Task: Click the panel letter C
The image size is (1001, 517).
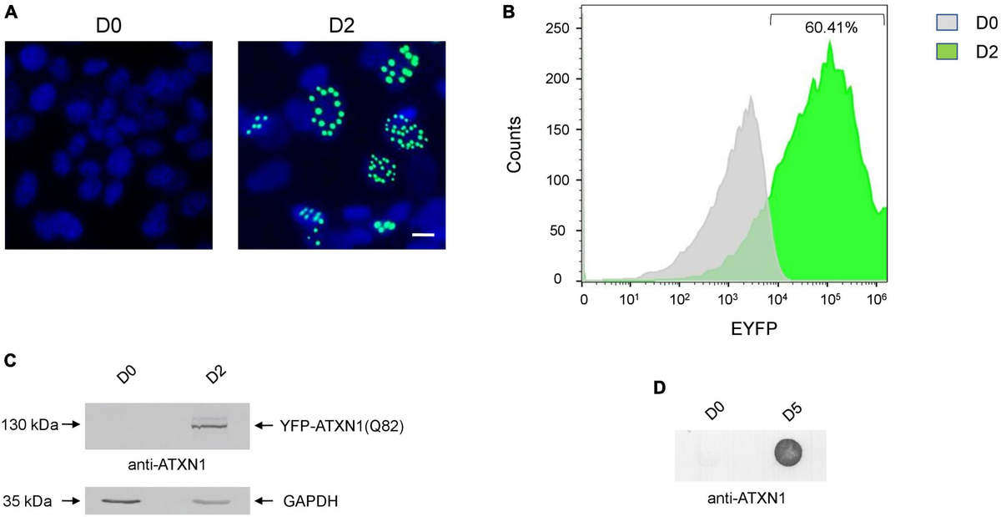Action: tap(11, 361)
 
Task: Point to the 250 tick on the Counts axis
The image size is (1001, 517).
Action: tap(564, 28)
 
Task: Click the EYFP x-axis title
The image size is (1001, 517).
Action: tap(735, 329)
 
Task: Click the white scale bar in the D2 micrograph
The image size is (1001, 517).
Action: tap(424, 235)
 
